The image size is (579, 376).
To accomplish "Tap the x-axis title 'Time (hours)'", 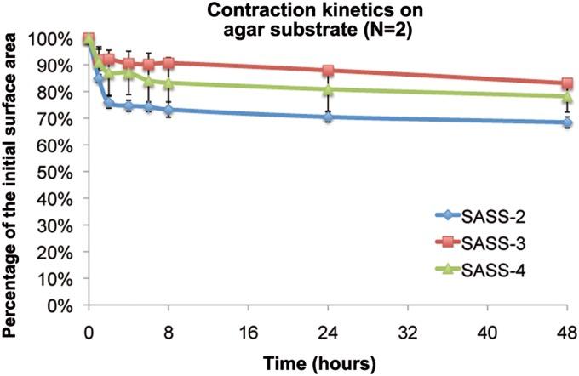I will coord(327,363).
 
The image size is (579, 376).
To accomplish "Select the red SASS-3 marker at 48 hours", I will coord(566,84).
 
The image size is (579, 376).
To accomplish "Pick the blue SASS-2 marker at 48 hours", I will coord(566,122).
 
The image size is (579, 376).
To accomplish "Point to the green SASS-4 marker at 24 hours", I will coord(328,89).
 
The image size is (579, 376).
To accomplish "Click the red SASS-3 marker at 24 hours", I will coord(328,71).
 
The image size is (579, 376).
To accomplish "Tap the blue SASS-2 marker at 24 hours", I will coord(328,117).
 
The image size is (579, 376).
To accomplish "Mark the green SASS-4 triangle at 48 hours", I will coord(566,96).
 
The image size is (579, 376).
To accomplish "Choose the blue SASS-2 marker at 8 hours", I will coord(169,111).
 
